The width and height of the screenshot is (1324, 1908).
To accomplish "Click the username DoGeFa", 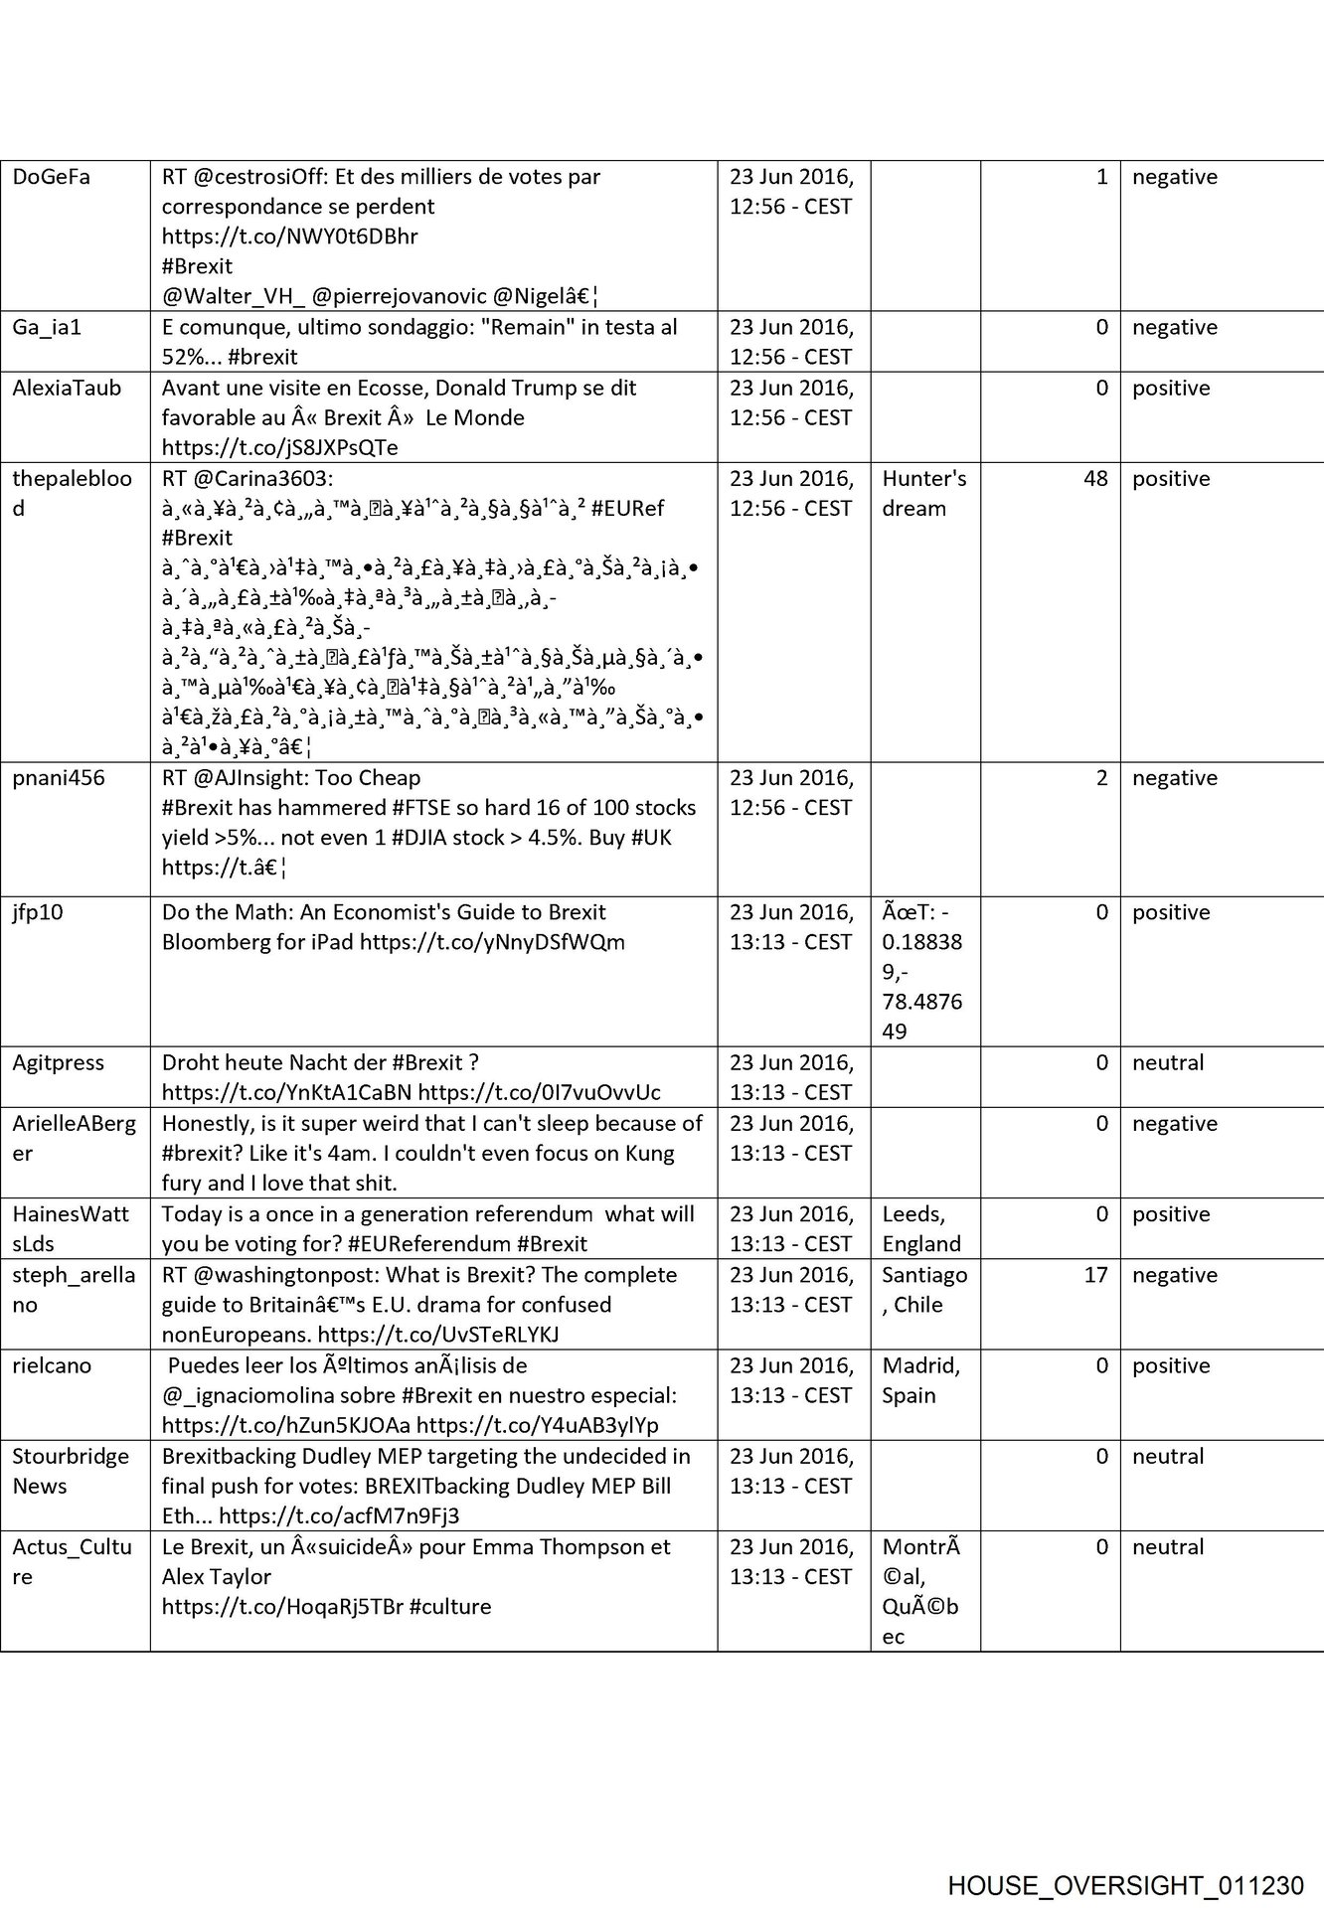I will click(51, 177).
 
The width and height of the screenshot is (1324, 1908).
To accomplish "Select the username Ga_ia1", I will click(47, 328).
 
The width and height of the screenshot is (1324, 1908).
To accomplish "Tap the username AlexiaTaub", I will click(67, 389).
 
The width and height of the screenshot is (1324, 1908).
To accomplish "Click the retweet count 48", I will click(1095, 479).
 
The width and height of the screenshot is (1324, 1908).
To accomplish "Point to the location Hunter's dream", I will click(923, 494).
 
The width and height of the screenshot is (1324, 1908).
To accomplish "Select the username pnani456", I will click(58, 778).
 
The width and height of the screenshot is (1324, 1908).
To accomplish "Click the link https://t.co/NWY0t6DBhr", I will click(289, 237).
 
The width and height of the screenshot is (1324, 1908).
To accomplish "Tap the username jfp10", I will click(38, 912).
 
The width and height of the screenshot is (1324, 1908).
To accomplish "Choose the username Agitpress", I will click(58, 1063).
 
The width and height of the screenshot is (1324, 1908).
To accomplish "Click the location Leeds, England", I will click(921, 1229).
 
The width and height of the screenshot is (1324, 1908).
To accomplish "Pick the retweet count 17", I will click(1095, 1275).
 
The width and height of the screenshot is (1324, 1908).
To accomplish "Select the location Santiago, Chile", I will click(923, 1290).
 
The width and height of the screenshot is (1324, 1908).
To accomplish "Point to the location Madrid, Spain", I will click(920, 1380).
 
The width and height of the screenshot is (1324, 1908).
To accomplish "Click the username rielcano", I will click(52, 1365).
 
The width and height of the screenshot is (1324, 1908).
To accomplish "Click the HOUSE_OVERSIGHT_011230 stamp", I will click(1125, 1885).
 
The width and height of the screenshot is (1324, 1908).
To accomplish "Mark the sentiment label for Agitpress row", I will click(1167, 1063).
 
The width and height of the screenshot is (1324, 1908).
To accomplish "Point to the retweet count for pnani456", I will click(1101, 778).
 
